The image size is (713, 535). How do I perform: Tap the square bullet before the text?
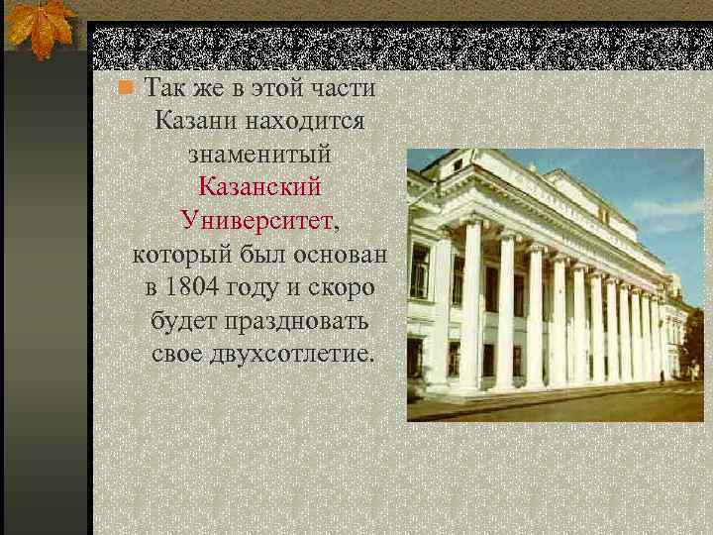124,87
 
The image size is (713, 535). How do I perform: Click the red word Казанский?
259,186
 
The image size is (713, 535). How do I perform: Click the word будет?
186,321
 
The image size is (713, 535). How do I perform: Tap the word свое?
178,354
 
